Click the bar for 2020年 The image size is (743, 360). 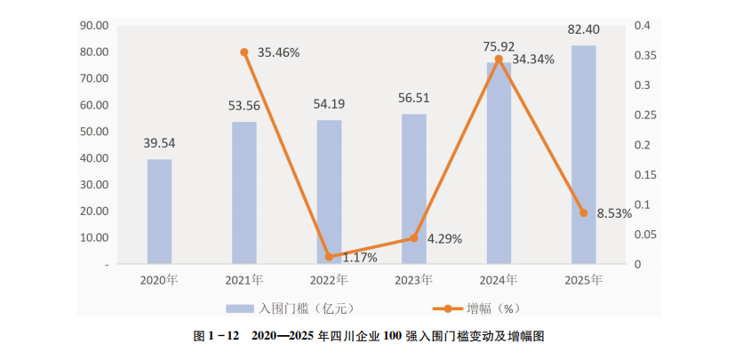(x=160, y=212)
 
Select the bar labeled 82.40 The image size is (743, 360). (x=583, y=155)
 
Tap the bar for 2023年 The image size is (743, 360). (x=413, y=188)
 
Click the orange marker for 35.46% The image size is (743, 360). (x=244, y=52)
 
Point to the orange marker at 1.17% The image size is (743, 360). (x=329, y=257)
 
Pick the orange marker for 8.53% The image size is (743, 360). (x=584, y=213)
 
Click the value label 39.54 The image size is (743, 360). (x=160, y=142)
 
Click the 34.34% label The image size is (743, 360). (x=534, y=60)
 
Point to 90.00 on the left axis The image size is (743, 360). (x=93, y=25)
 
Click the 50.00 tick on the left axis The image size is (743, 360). (x=93, y=132)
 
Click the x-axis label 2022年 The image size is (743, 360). (x=329, y=280)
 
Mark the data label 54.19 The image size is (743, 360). (x=329, y=104)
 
